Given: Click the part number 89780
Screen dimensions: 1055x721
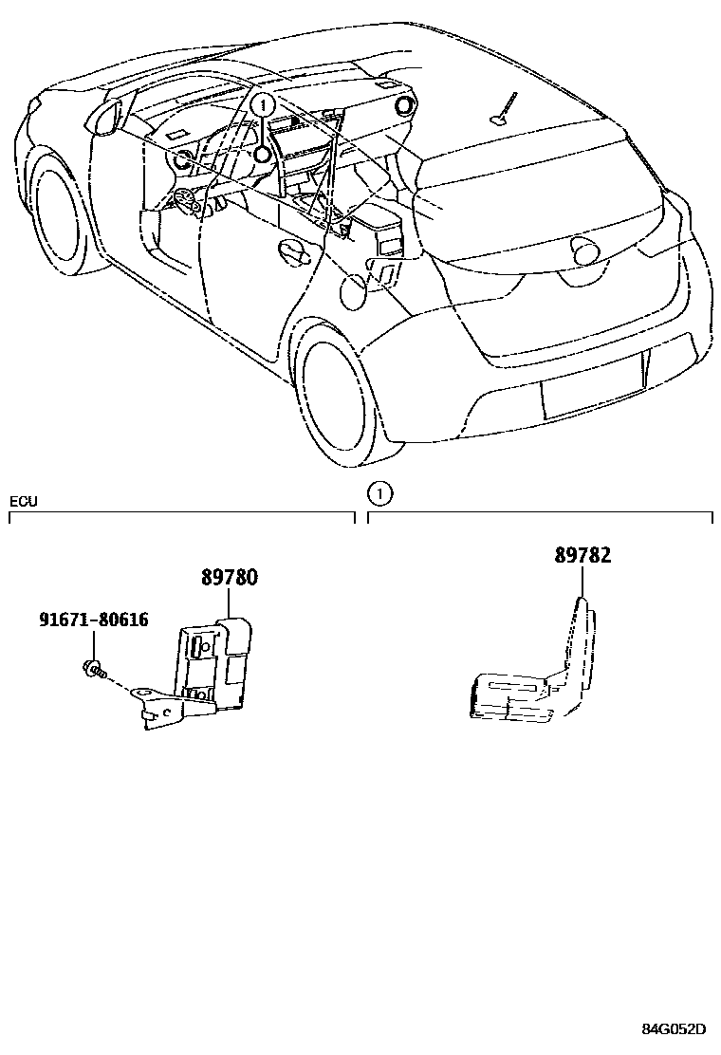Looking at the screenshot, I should (229, 578).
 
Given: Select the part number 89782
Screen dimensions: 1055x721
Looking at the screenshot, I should (582, 555).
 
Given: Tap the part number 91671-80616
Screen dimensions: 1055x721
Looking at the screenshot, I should (94, 620).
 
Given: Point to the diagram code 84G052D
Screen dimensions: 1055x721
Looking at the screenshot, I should (674, 1029).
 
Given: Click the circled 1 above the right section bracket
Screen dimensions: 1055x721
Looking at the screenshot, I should (379, 492).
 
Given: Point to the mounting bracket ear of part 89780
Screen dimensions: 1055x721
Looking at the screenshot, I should (144, 698).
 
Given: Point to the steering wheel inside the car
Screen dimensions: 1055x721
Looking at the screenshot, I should (183, 198).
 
